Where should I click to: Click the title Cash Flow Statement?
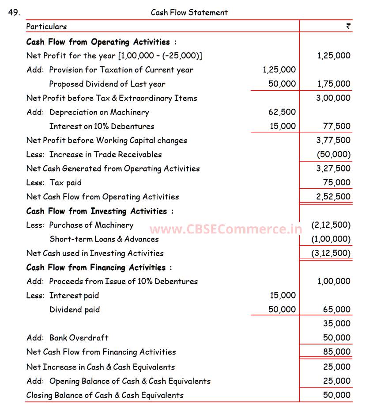[189, 12]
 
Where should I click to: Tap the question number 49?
[14, 12]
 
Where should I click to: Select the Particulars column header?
[46, 27]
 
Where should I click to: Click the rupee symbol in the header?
[348, 27]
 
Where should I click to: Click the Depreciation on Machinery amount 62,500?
[282, 112]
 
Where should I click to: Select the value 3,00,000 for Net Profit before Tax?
[333, 98]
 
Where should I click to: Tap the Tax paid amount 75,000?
[336, 183]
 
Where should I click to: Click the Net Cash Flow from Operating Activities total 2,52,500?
[333, 197]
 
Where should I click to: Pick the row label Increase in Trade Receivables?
[105, 154]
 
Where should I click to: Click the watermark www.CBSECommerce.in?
[226, 229]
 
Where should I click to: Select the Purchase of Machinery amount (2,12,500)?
[331, 225]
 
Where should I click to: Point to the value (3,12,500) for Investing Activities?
[331, 253]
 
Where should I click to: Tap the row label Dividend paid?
[75, 310]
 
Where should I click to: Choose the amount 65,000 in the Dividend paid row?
[336, 310]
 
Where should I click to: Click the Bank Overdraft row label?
[79, 338]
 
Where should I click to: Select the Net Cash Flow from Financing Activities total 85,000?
[336, 352]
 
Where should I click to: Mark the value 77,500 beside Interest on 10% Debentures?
[336, 126]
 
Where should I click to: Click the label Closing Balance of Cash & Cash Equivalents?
[105, 395]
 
